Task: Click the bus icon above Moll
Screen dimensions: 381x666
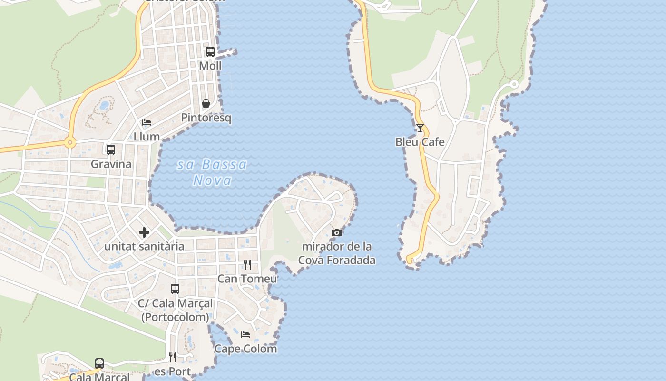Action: pos(210,51)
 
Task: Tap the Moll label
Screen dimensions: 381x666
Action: pos(210,66)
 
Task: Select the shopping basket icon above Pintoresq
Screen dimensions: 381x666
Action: pos(206,103)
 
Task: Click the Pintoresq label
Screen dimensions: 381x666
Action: pos(206,118)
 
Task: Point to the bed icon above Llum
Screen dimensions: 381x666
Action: pos(147,122)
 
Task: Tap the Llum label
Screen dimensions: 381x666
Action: pos(147,137)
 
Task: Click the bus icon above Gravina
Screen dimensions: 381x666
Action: pos(111,150)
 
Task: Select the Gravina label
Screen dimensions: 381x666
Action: pos(111,164)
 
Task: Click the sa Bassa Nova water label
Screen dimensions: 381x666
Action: pos(212,172)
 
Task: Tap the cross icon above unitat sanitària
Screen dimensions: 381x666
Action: pos(144,232)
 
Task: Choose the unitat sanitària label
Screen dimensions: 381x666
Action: pos(144,246)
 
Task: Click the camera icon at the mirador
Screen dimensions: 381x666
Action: pos(337,232)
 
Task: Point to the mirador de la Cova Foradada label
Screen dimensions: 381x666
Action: pos(337,253)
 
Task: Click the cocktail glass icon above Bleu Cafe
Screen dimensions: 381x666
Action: pos(420,128)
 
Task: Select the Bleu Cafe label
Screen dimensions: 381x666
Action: pos(420,142)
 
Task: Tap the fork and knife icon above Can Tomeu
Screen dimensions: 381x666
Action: pos(247,264)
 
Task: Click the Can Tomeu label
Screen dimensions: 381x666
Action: pos(247,279)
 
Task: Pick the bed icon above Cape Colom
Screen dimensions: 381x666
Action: pos(245,334)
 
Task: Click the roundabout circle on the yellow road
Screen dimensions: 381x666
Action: pos(70,142)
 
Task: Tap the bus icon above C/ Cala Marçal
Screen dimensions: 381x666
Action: pos(175,289)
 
